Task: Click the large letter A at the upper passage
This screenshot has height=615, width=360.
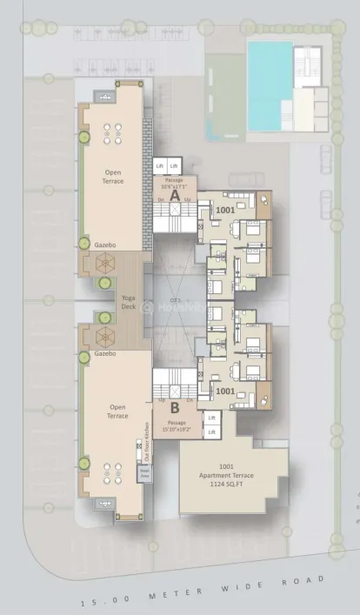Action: coord(175,197)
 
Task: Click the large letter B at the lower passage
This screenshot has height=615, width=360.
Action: coord(175,405)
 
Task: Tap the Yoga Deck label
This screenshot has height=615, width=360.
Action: coord(129,300)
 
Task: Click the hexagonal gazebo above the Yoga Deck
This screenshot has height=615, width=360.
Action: coord(103,263)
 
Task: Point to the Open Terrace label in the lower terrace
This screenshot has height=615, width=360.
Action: coord(117,411)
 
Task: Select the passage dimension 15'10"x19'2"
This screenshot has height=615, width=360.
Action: coord(177,427)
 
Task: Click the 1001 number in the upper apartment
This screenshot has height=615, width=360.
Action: coord(226,211)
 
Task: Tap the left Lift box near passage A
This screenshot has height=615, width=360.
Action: coord(160,165)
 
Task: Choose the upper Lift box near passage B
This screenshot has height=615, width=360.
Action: coord(211,418)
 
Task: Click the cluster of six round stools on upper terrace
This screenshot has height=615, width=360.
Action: coord(112,134)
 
